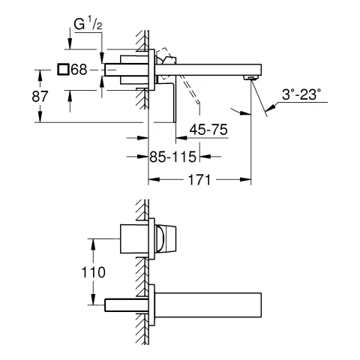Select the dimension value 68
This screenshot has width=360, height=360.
(x=79, y=69)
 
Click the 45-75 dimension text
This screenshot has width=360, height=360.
(x=207, y=130)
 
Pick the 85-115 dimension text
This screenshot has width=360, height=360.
(x=171, y=157)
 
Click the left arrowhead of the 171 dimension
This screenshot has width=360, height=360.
(x=153, y=181)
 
